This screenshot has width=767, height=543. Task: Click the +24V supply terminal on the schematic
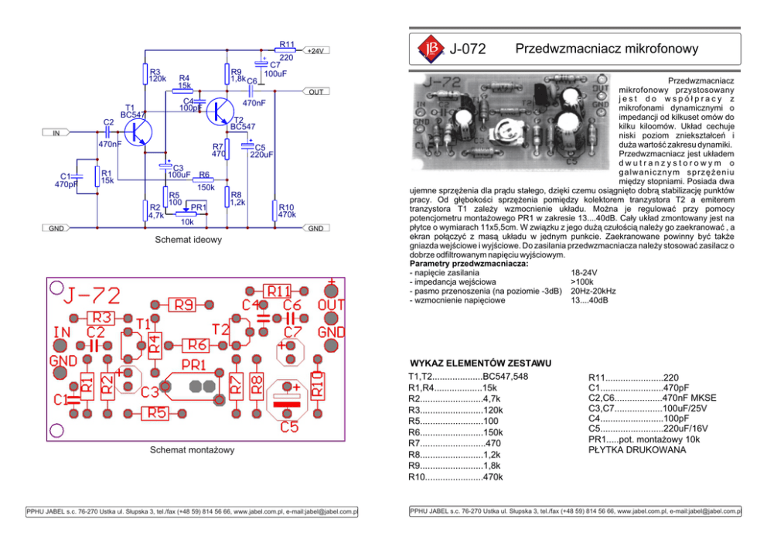tap(315, 50)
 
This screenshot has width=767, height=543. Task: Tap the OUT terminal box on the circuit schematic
tap(315, 91)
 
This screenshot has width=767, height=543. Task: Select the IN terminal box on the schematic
tap(56, 133)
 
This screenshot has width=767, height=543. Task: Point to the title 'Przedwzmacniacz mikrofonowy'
tap(606, 49)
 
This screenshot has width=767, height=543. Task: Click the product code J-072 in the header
tap(468, 50)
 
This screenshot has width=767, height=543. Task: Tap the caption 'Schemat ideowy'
tap(188, 240)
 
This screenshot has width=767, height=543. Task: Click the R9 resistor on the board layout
tap(183, 306)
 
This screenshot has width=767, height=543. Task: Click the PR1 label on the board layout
tap(193, 364)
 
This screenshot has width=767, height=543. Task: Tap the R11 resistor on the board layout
tap(278, 292)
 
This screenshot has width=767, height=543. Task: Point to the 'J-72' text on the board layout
tap(93, 295)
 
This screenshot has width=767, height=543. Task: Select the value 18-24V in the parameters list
tap(584, 273)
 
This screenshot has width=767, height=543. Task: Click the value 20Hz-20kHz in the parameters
tap(593, 291)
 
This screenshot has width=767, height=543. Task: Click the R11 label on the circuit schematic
tap(287, 44)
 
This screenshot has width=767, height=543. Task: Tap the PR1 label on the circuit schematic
tap(199, 207)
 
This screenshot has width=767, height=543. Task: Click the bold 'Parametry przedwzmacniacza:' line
tap(469, 264)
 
